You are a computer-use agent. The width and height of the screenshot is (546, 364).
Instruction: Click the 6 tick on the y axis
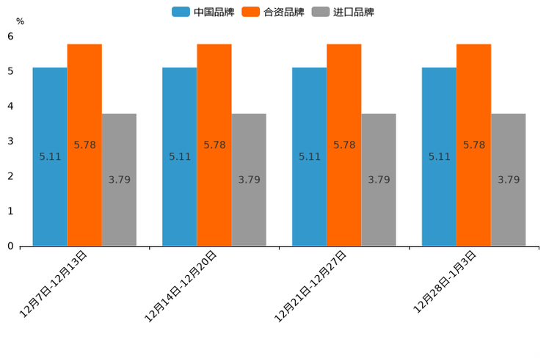(x=10, y=36)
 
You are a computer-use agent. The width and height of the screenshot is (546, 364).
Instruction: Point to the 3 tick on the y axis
(x=10, y=141)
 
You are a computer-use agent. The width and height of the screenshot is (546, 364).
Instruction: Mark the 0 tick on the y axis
(x=10, y=246)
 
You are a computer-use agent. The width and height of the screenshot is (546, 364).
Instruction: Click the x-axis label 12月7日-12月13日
(x=54, y=284)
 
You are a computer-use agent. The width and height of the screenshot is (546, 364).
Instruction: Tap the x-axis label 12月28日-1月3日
(x=445, y=282)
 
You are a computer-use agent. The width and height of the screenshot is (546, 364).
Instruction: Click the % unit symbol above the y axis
(x=20, y=21)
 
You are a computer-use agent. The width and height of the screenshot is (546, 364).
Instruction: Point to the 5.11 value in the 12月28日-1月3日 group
(x=439, y=156)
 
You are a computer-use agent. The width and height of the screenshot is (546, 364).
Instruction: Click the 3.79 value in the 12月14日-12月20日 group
(x=249, y=179)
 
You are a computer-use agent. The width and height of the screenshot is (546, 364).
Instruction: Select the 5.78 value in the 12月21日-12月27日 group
(x=344, y=145)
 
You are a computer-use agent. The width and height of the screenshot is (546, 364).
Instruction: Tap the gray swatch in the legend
(x=320, y=12)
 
